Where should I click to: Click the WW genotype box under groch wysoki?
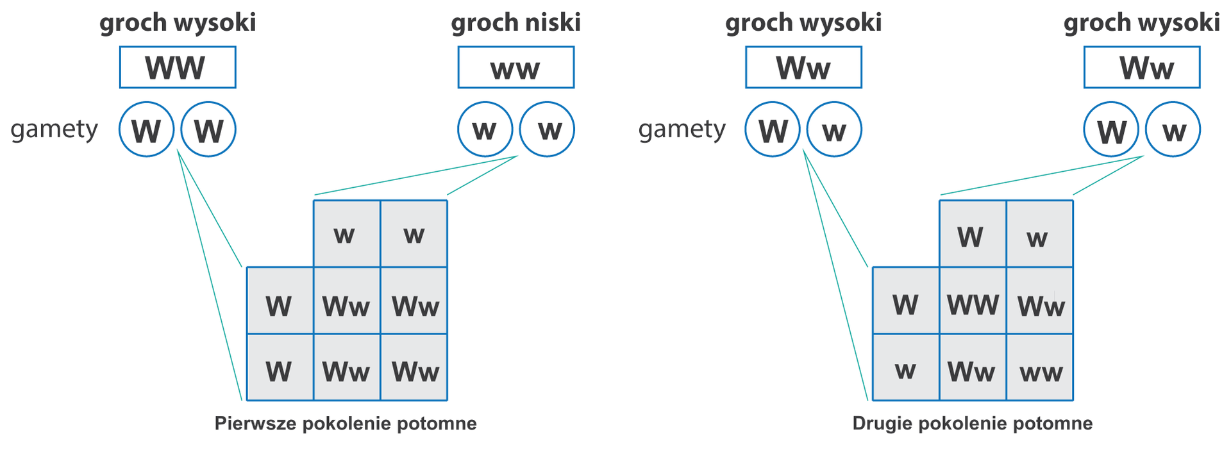[178, 67]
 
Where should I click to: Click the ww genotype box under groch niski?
[515, 67]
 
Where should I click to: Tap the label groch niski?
[515, 23]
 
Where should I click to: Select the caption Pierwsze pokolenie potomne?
[346, 424]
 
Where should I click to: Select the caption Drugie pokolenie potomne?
[972, 424]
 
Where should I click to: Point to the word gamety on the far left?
[54, 129]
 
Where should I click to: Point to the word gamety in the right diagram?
[682, 129]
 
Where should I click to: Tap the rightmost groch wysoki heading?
[1141, 23]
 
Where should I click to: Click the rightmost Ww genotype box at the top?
[1141, 67]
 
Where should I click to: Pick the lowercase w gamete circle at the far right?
[1173, 129]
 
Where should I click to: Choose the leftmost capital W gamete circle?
[146, 129]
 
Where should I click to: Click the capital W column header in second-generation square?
[972, 235]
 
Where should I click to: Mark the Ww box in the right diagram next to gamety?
[803, 67]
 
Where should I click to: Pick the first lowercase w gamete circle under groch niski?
[485, 129]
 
